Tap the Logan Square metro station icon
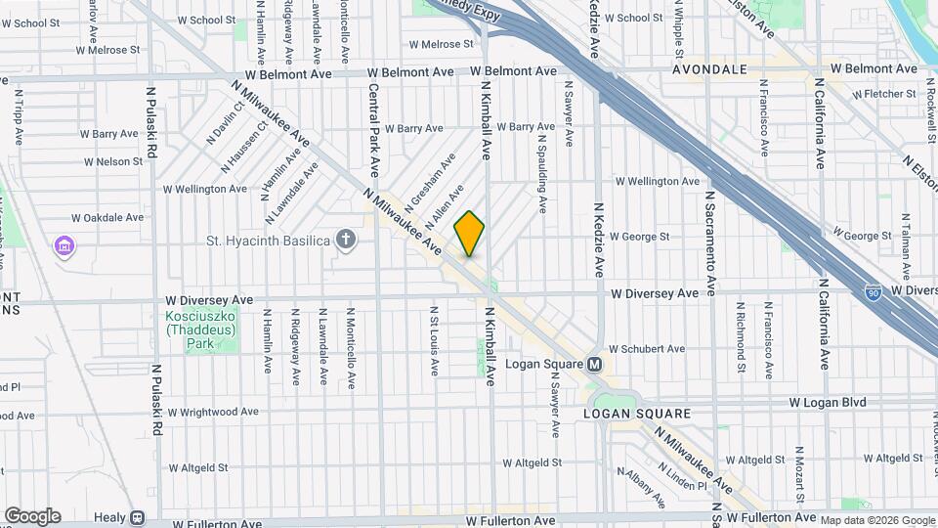coord(595,365)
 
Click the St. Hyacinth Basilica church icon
coord(345,239)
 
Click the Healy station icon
coord(137,517)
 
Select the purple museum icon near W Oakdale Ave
coord(65,244)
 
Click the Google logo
coord(32,516)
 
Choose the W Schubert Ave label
coord(647,348)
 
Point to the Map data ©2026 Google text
coord(877,520)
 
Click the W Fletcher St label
coord(888,95)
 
